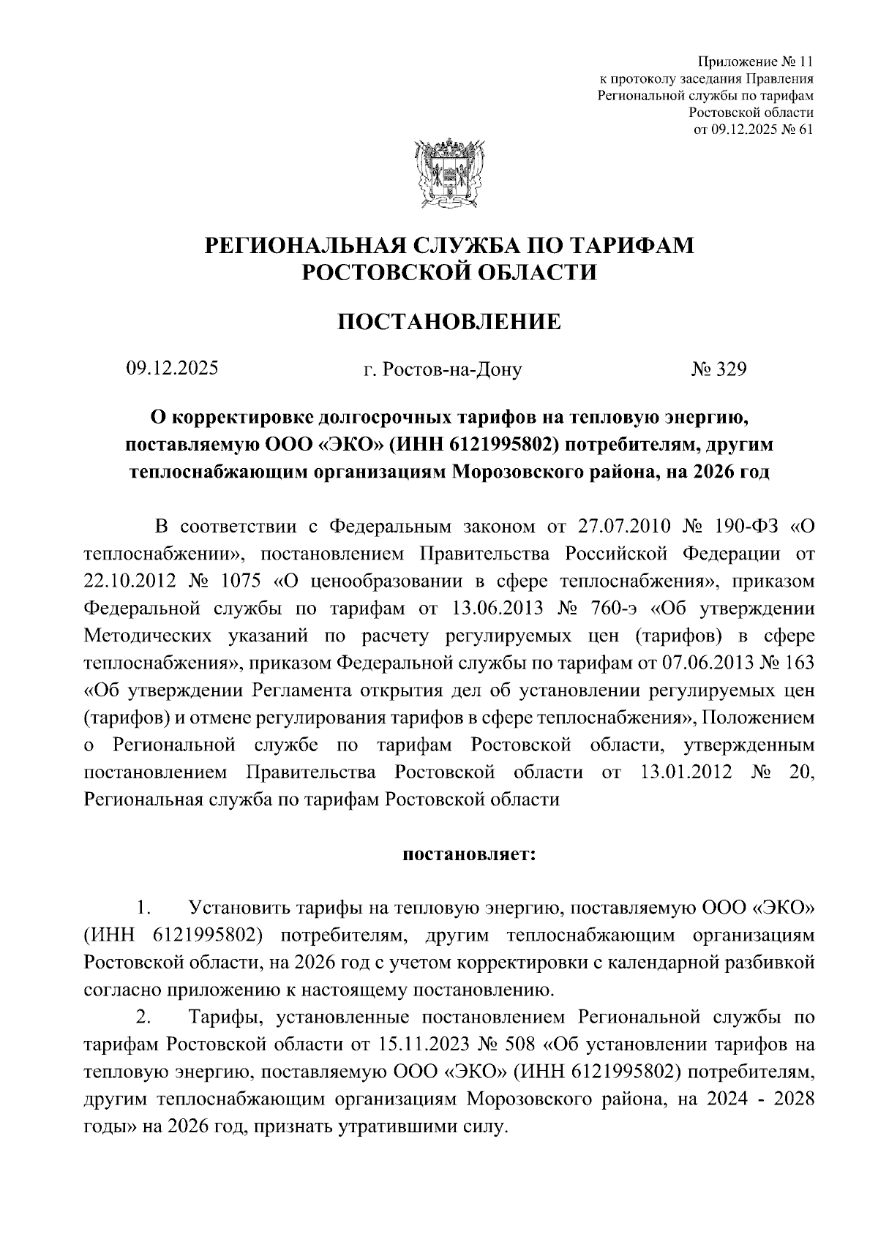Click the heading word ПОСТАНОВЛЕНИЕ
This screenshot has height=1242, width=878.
tap(449, 321)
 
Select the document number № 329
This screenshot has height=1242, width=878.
tap(718, 369)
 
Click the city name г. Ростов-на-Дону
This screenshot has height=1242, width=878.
tap(443, 370)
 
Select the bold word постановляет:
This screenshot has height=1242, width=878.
tap(469, 854)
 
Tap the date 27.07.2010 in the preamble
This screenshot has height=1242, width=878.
tap(619, 527)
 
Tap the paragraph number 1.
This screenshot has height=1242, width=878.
tap(143, 910)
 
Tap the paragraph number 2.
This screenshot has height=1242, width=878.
tap(143, 1017)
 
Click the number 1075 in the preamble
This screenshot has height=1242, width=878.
tap(238, 582)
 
